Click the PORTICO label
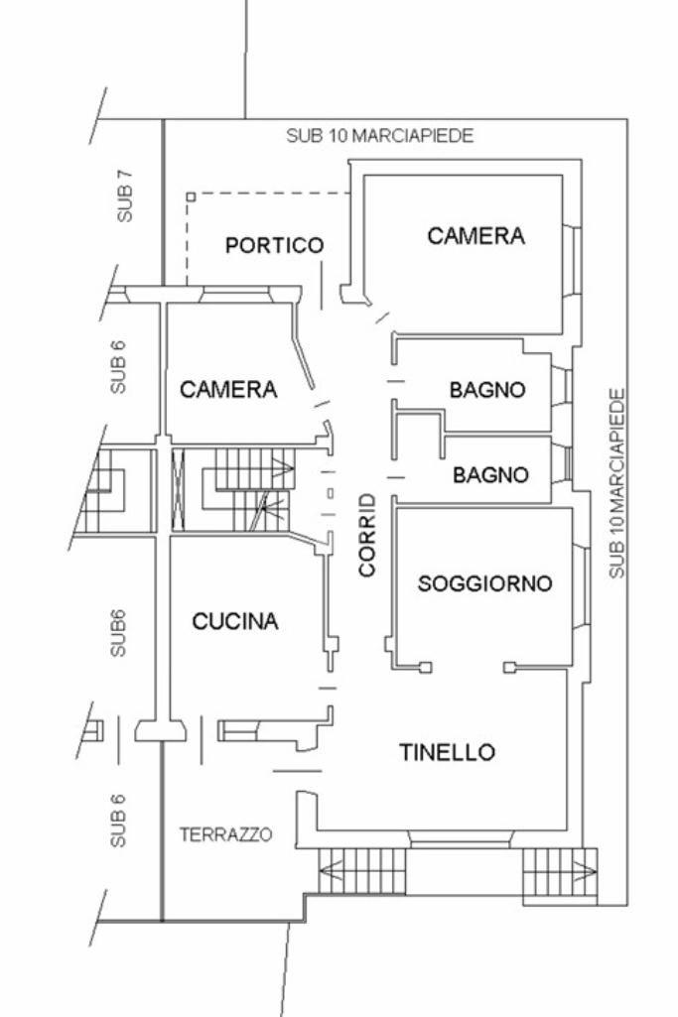pyautogui.click(x=274, y=245)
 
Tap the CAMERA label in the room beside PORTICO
pyautogui.click(x=475, y=236)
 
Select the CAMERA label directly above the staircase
pyautogui.click(x=227, y=390)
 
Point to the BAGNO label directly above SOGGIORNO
pyautogui.click(x=490, y=475)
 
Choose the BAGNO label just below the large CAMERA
pyautogui.click(x=486, y=390)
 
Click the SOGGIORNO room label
pyautogui.click(x=484, y=583)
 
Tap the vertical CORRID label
pyautogui.click(x=367, y=535)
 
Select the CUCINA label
pyautogui.click(x=235, y=622)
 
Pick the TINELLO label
pyautogui.click(x=447, y=752)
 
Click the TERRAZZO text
pyautogui.click(x=225, y=834)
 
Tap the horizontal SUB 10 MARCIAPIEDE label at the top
pyautogui.click(x=379, y=136)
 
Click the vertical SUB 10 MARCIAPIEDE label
pyautogui.click(x=617, y=483)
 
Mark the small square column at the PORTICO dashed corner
pyautogui.click(x=190, y=197)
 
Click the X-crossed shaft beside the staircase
pyautogui.click(x=180, y=487)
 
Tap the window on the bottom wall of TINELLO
pyautogui.click(x=459, y=842)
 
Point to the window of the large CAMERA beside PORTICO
pyautogui.click(x=573, y=260)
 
